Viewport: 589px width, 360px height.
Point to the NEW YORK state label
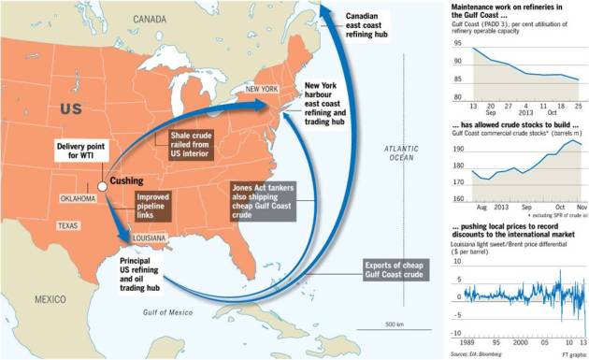[x=262, y=89]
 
